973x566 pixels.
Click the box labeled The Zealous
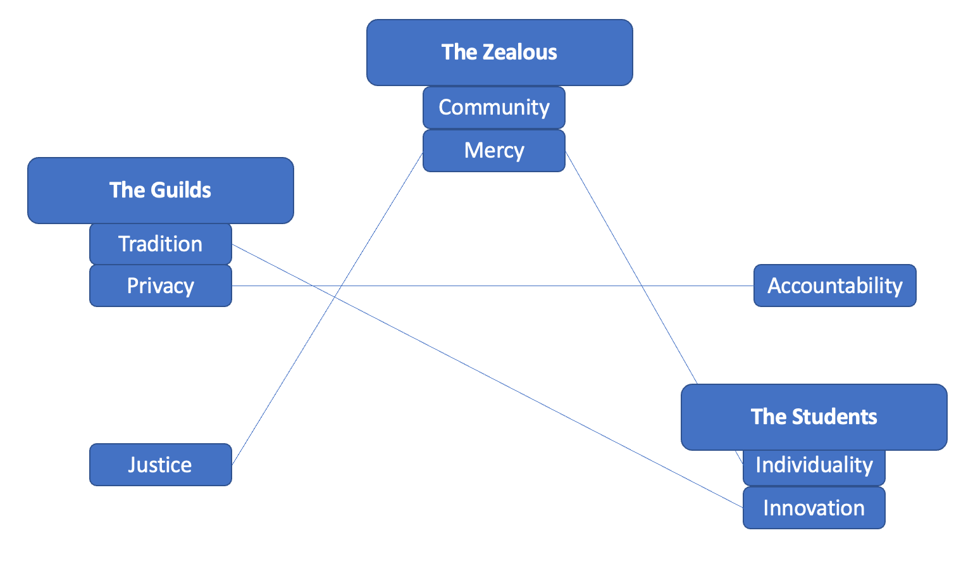499,53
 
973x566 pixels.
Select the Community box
493,108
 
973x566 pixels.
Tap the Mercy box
493,151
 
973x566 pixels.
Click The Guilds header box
160,190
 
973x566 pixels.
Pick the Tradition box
160,244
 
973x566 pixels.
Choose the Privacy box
160,286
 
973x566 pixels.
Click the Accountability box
834,286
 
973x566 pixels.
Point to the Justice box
160,465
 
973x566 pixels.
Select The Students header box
814,417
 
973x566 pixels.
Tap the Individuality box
814,465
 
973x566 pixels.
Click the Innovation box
814,508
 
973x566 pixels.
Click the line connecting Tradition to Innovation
487,376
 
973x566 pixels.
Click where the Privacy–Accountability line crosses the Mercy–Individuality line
641,286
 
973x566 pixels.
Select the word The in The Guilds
124,190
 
